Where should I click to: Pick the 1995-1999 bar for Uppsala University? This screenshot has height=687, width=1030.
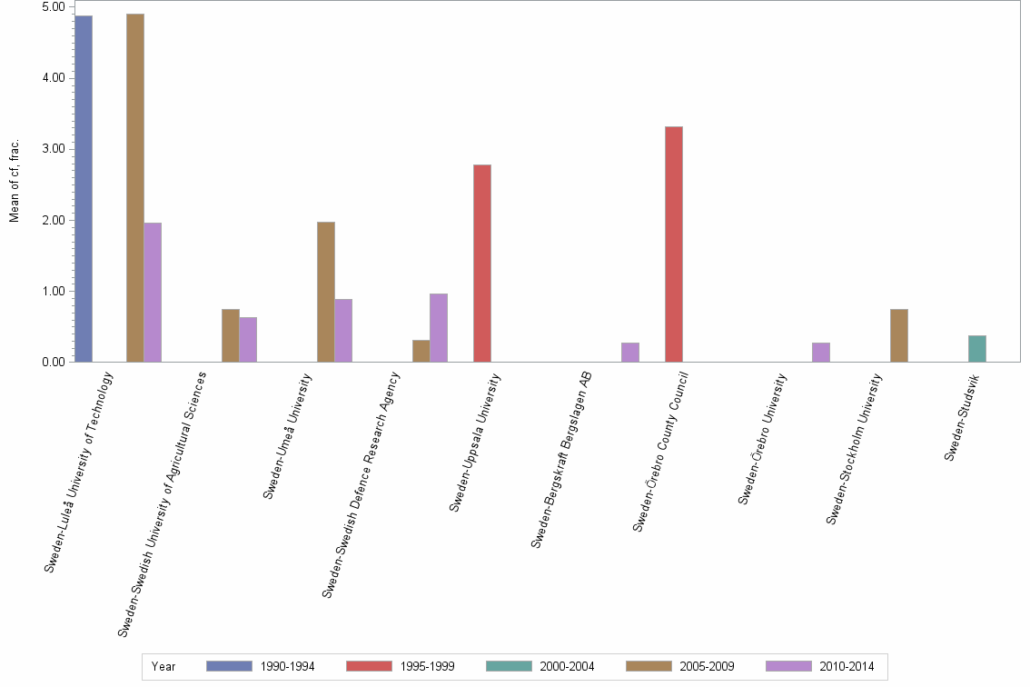[x=481, y=264]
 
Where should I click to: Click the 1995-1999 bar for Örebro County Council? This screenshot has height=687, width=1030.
[x=673, y=244]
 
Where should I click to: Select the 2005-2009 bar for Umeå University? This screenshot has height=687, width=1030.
[x=326, y=292]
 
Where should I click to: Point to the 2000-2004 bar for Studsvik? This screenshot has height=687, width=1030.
[x=977, y=349]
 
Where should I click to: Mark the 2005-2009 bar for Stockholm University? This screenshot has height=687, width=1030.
[x=899, y=336]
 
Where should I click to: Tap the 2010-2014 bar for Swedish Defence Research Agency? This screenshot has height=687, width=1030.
[x=439, y=328]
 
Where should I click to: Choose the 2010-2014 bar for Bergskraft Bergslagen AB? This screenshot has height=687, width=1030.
[x=630, y=353]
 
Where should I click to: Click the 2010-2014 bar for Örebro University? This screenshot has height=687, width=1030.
[x=821, y=353]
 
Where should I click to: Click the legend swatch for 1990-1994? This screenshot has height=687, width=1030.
[x=229, y=667]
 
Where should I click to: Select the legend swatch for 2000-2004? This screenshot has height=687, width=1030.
[x=509, y=667]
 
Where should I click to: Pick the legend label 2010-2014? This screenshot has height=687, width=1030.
[x=847, y=667]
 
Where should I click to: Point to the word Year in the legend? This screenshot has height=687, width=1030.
[x=164, y=667]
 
